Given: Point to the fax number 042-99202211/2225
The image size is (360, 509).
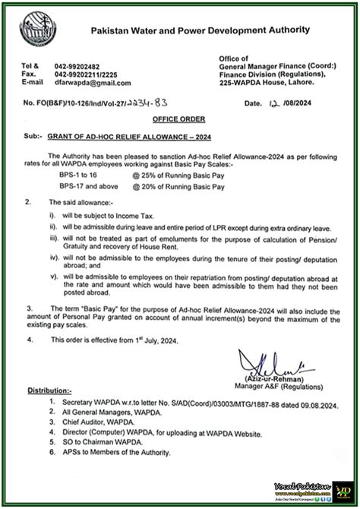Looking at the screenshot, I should pos(100,74).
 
